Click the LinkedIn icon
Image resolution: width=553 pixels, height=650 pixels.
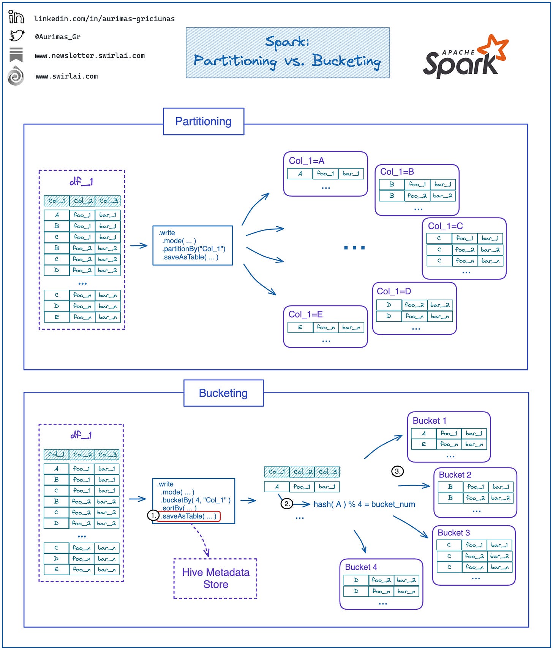click(16, 17)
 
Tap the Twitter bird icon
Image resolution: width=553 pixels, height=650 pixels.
click(17, 36)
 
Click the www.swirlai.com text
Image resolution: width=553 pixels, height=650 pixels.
click(66, 76)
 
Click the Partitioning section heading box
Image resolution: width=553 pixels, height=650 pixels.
click(203, 121)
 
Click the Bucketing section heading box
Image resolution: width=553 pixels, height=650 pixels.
click(223, 393)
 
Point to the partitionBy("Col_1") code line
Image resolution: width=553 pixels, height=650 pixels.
click(194, 249)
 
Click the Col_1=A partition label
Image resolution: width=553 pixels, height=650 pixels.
click(307, 161)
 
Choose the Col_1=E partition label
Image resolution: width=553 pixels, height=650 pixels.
click(305, 315)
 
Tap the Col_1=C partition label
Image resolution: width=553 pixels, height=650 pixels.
click(445, 226)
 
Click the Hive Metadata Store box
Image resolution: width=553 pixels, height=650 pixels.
click(215, 578)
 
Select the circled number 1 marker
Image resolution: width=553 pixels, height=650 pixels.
click(153, 515)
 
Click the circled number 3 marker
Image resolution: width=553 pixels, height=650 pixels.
click(397, 471)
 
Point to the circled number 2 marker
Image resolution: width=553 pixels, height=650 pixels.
click(286, 504)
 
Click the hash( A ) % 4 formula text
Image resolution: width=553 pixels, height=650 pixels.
click(364, 504)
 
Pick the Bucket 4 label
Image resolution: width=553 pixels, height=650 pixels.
click(361, 567)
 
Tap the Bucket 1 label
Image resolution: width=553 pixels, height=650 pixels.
click(429, 421)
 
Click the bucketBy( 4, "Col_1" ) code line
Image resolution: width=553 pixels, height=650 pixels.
click(195, 500)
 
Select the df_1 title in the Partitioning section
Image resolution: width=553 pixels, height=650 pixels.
click(81, 182)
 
